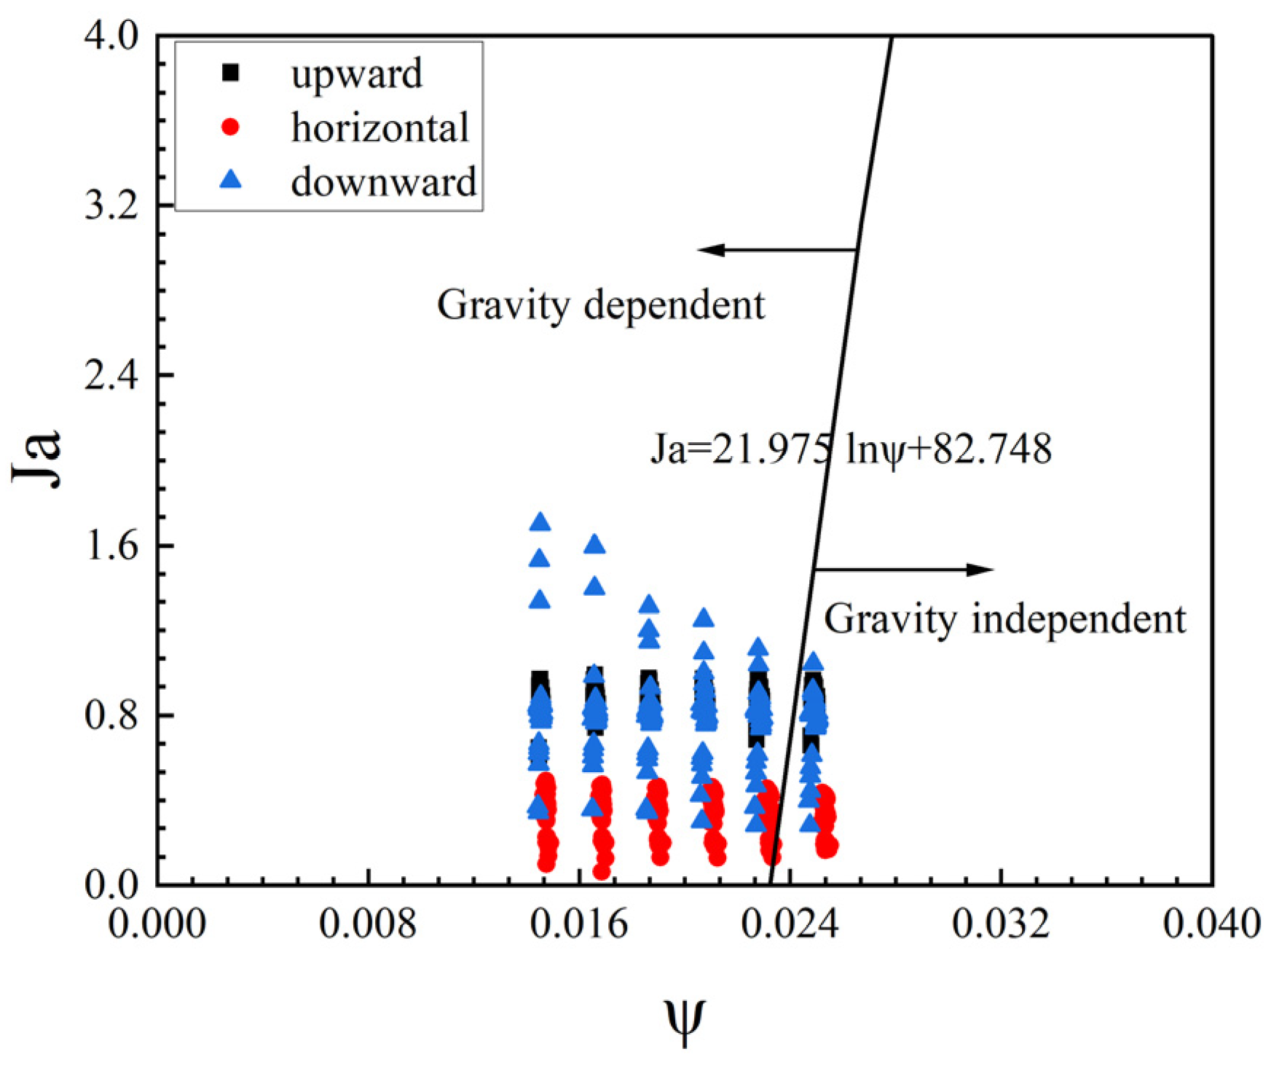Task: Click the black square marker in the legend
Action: [230, 73]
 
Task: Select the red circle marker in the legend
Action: [230, 127]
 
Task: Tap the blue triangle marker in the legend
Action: [230, 179]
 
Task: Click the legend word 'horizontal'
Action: [379, 128]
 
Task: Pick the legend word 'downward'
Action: [383, 182]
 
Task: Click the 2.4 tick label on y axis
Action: [111, 376]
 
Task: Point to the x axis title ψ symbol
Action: [685, 1020]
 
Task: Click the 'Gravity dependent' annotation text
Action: [601, 305]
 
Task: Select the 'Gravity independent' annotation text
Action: [1005, 620]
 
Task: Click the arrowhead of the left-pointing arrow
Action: [707, 250]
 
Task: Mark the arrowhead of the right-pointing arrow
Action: [985, 570]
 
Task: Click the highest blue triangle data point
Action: [540, 522]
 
